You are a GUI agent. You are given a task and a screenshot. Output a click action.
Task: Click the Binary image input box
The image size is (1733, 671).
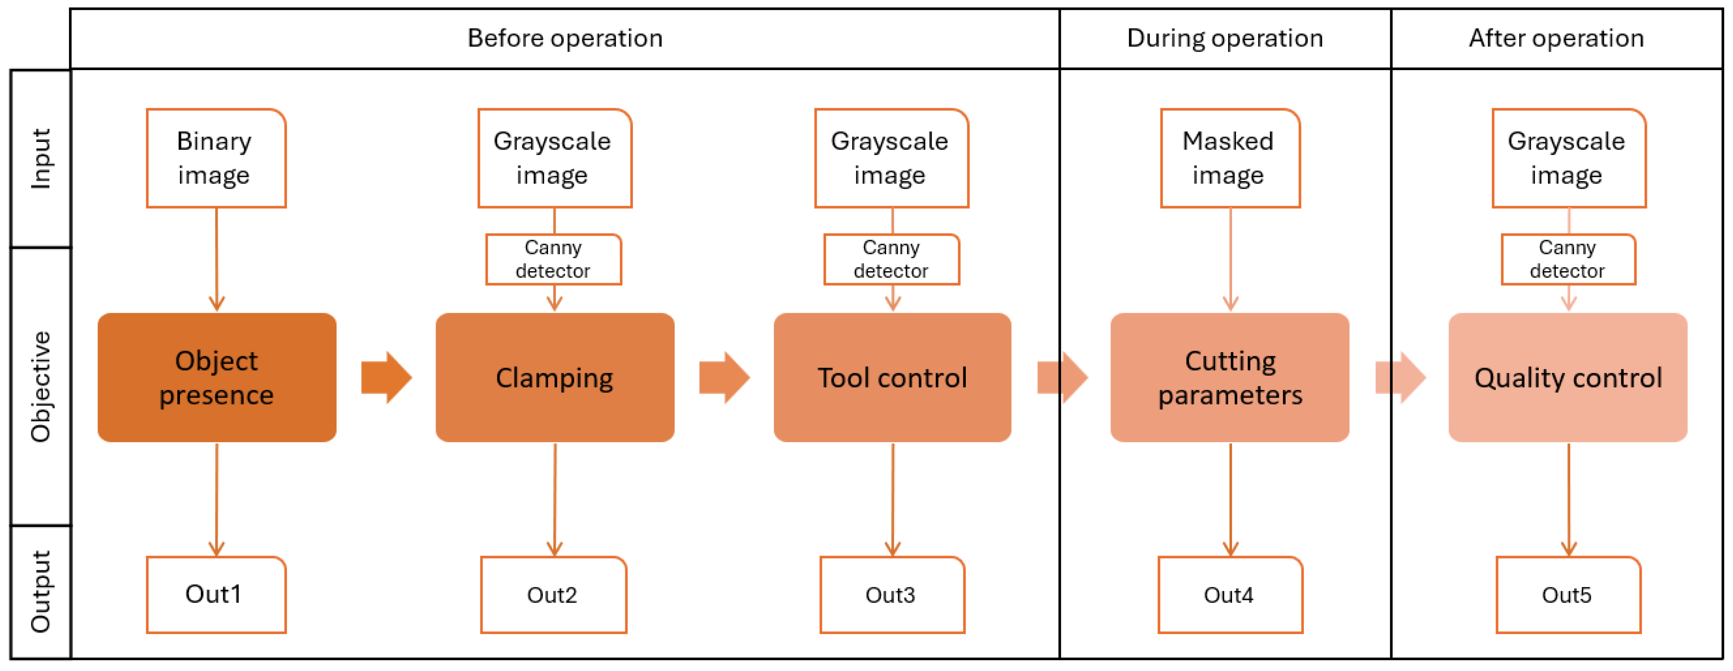coord(216,158)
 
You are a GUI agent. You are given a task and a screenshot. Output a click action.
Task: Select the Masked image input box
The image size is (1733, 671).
coord(1230,158)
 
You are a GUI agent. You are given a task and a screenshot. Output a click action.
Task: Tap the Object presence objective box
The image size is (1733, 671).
coord(217,378)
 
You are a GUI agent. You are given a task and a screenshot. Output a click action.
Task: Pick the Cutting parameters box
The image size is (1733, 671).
coord(1230,378)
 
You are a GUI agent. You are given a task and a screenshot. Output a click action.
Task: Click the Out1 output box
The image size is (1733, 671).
coord(216,594)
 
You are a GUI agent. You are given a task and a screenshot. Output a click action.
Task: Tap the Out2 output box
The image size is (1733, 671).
coord(553,594)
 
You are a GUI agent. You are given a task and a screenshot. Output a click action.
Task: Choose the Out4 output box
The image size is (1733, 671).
coord(1230,594)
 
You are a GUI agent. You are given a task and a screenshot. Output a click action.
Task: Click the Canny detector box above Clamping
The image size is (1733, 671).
coord(553,259)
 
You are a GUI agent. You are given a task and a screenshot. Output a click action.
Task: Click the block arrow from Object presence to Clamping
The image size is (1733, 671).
coord(386,378)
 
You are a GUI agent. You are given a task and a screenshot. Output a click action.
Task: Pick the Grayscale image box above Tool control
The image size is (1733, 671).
coord(891,158)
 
